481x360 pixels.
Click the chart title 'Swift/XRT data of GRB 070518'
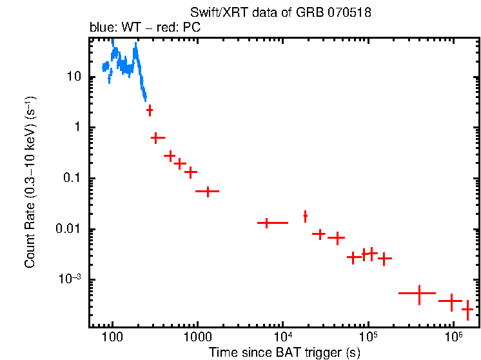point(280,14)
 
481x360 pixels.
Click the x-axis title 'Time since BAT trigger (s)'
point(284,352)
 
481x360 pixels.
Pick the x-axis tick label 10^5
point(368,335)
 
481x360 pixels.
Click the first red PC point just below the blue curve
point(150,110)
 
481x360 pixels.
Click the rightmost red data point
point(467,310)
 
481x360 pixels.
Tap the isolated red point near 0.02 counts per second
point(305,215)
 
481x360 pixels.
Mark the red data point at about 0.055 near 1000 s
point(208,192)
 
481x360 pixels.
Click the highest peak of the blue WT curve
point(113,40)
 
